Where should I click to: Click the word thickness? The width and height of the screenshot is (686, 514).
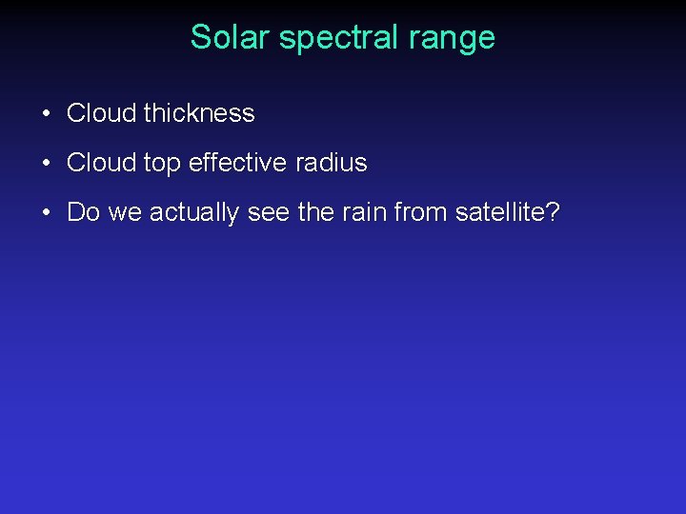tap(199, 113)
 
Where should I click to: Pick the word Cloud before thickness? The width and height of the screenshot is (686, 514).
tap(101, 113)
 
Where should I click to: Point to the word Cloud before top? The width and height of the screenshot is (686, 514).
tap(101, 163)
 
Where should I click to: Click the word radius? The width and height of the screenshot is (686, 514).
tap(331, 163)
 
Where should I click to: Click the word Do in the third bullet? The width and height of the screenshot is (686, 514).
tap(83, 212)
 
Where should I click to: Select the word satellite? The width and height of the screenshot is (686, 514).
tap(499, 212)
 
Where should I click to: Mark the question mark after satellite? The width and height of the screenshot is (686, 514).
tap(553, 212)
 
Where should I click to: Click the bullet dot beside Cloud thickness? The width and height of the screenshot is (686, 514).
tap(46, 114)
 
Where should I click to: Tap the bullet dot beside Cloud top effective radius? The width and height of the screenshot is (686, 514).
tap(46, 164)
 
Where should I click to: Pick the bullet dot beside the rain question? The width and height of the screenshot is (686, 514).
tap(46, 213)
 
